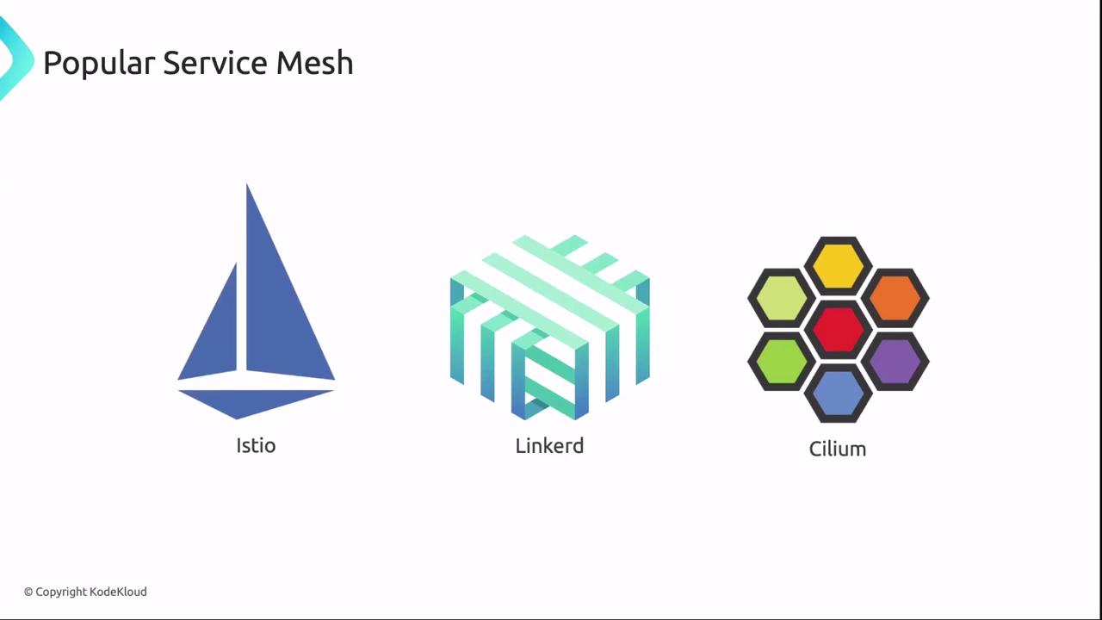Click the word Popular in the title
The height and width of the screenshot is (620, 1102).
(98, 64)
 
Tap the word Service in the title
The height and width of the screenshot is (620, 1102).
(215, 63)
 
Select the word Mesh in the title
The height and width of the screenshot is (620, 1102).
(314, 63)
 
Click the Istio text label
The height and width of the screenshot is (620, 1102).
(256, 445)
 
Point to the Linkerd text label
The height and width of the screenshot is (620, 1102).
(549, 445)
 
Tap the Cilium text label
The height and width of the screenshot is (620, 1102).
(837, 449)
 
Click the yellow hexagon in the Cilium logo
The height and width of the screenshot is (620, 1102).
(838, 265)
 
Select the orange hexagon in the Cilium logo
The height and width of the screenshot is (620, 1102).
(895, 298)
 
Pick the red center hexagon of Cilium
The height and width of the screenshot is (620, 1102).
(838, 330)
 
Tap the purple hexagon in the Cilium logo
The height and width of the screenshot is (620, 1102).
(895, 361)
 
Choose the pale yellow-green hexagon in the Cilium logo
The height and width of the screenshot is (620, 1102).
(781, 298)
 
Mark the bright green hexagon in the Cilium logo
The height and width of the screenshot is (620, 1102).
(781, 361)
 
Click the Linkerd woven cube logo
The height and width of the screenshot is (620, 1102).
(549, 327)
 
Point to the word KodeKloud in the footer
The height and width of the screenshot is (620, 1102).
(118, 592)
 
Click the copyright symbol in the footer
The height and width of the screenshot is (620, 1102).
(28, 592)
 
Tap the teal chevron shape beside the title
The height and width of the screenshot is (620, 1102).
(13, 60)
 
